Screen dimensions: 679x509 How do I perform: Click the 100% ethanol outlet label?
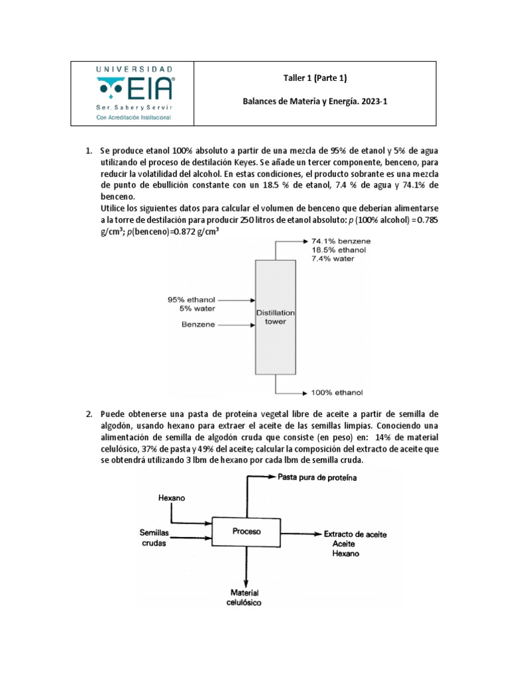click(337, 392)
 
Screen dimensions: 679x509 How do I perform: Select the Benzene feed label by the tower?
click(198, 325)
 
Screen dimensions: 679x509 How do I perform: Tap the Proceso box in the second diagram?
click(247, 531)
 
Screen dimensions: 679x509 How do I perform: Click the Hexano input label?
click(172, 497)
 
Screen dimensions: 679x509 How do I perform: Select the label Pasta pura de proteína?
click(318, 477)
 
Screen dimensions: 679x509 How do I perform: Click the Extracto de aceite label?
click(355, 534)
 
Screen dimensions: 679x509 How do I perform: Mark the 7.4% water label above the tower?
click(333, 259)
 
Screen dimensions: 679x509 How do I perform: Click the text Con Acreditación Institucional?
click(133, 117)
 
